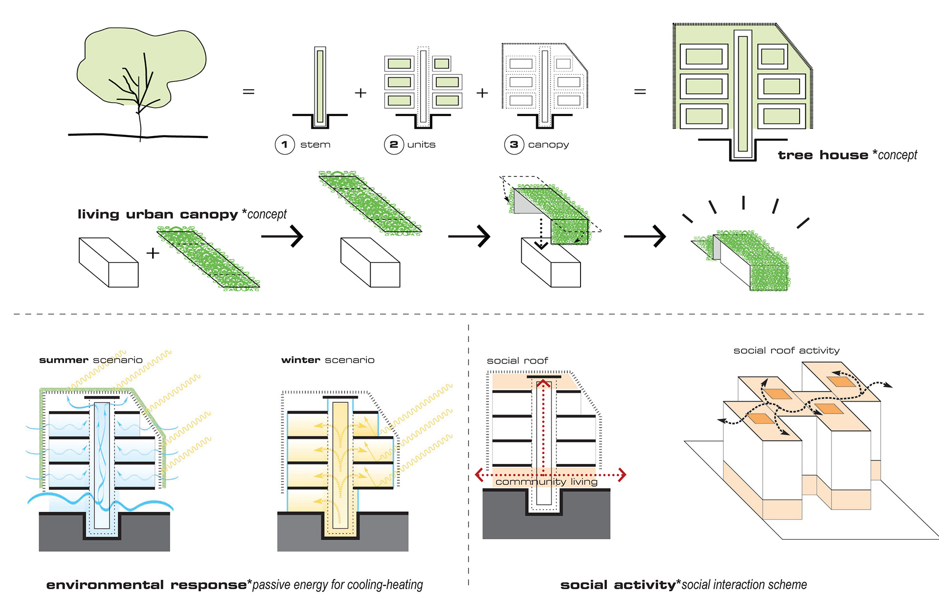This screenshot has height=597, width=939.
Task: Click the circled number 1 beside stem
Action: [285, 144]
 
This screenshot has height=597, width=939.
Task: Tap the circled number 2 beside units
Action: [394, 144]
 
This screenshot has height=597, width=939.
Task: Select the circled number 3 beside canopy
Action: [514, 144]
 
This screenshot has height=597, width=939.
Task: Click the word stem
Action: [315, 145]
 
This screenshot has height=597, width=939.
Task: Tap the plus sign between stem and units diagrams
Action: [360, 92]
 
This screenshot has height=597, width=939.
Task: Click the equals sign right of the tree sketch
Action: [248, 92]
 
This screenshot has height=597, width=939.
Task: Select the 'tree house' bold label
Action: [823, 155]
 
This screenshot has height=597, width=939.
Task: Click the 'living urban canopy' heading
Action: [157, 214]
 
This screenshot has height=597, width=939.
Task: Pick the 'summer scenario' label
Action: [91, 360]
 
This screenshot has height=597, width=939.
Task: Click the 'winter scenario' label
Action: [328, 360]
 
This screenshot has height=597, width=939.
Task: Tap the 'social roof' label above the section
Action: [517, 361]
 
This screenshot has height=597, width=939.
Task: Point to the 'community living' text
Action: [546, 482]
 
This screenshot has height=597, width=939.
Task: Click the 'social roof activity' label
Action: [786, 350]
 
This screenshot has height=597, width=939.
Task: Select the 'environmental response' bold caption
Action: [147, 585]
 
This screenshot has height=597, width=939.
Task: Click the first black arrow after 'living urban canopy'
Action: [282, 236]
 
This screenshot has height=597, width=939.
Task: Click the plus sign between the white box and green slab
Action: [153, 253]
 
